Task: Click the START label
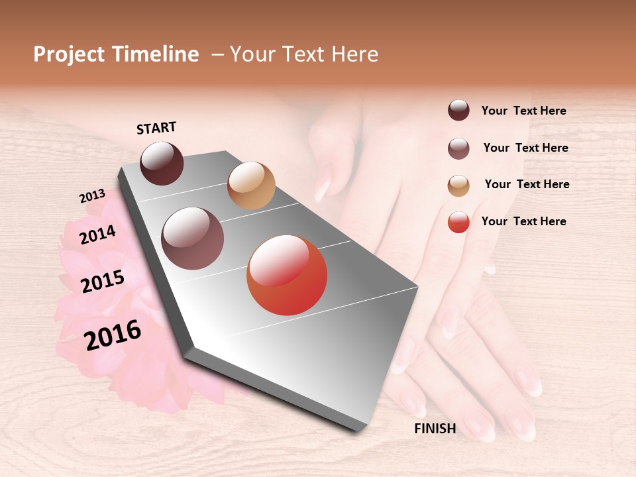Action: (156, 128)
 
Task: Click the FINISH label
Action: (435, 429)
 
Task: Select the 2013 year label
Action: (92, 196)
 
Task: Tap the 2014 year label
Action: (97, 235)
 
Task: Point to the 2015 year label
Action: (103, 282)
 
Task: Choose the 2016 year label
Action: (113, 335)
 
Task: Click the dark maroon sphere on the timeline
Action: (162, 163)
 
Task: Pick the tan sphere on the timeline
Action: (251, 185)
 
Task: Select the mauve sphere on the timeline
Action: (193, 238)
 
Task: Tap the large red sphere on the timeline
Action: (287, 275)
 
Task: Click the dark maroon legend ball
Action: (458, 111)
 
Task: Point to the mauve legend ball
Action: (458, 148)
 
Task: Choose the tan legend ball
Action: (458, 185)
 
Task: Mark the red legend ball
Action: (458, 222)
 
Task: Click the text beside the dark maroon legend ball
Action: (523, 111)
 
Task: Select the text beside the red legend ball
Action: (523, 221)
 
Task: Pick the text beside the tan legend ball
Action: (527, 184)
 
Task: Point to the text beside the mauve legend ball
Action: (525, 148)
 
